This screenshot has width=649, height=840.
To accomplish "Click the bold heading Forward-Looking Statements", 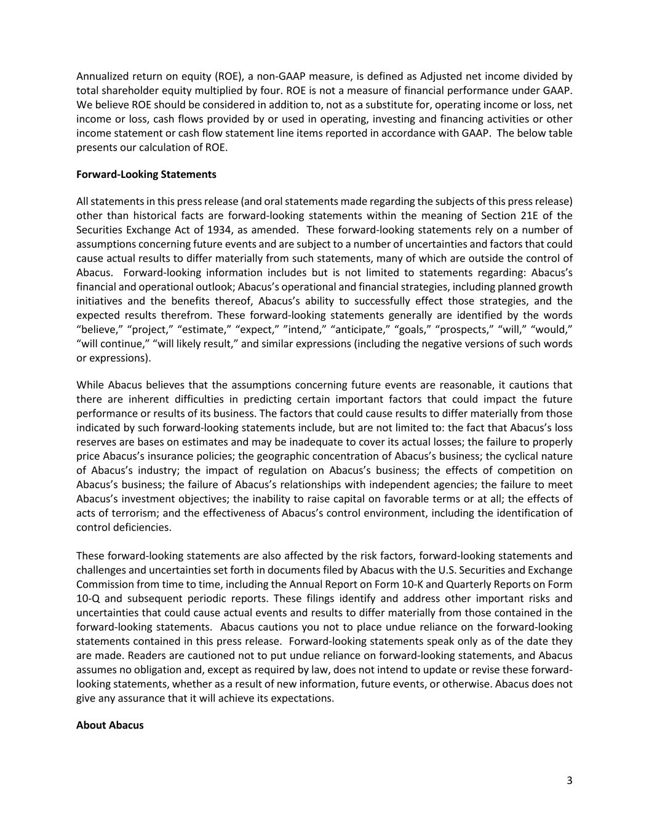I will click(x=146, y=174).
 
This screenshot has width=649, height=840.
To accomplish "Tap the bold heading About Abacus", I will click(x=109, y=725).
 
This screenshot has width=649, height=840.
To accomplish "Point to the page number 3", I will click(x=569, y=781).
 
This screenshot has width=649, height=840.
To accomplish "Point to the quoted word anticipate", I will click(x=356, y=329).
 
